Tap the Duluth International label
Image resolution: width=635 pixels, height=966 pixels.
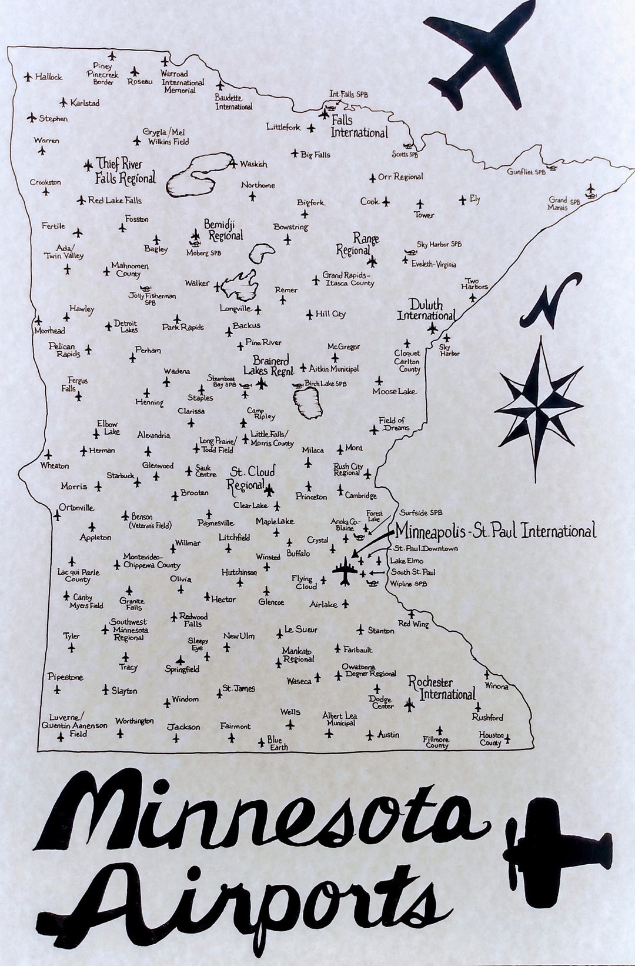(426, 310)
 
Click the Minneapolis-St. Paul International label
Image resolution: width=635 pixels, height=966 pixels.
(495, 531)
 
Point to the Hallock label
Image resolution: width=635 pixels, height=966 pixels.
(48, 76)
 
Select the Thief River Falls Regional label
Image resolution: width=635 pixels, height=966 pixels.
(125, 171)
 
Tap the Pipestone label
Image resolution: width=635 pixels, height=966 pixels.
(65, 677)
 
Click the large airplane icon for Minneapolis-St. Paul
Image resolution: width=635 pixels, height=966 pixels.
(345, 571)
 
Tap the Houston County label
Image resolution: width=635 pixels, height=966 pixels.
(491, 739)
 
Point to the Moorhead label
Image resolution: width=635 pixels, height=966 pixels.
(49, 331)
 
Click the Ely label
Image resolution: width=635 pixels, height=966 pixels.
(475, 199)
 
